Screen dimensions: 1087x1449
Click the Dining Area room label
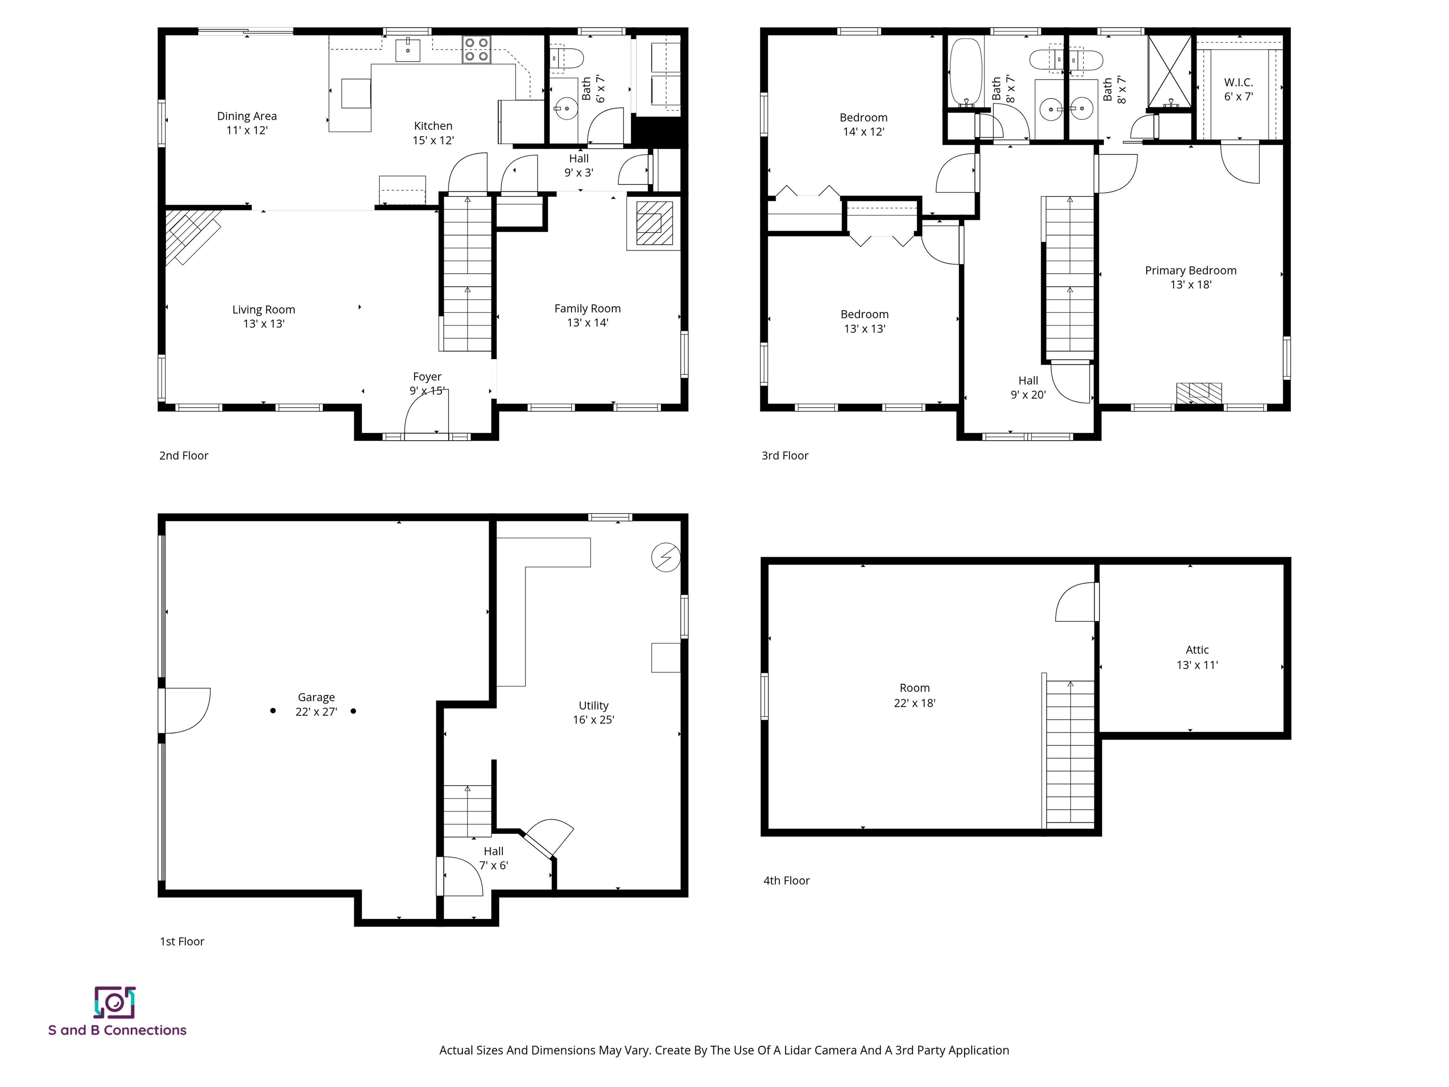[x=247, y=123]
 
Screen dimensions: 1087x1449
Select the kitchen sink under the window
[x=408, y=49]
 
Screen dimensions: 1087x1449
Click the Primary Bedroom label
[x=1190, y=277]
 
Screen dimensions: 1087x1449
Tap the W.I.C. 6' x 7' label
[x=1238, y=89]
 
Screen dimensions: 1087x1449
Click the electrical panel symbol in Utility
[x=666, y=558]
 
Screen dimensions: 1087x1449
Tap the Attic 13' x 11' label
[x=1197, y=657]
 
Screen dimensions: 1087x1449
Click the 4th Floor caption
[x=786, y=881]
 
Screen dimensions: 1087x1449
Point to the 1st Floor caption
[x=182, y=942]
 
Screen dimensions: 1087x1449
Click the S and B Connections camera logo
[x=115, y=1003]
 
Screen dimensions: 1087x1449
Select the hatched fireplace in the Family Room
[x=654, y=224]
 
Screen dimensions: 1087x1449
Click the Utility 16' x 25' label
[x=593, y=712]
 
